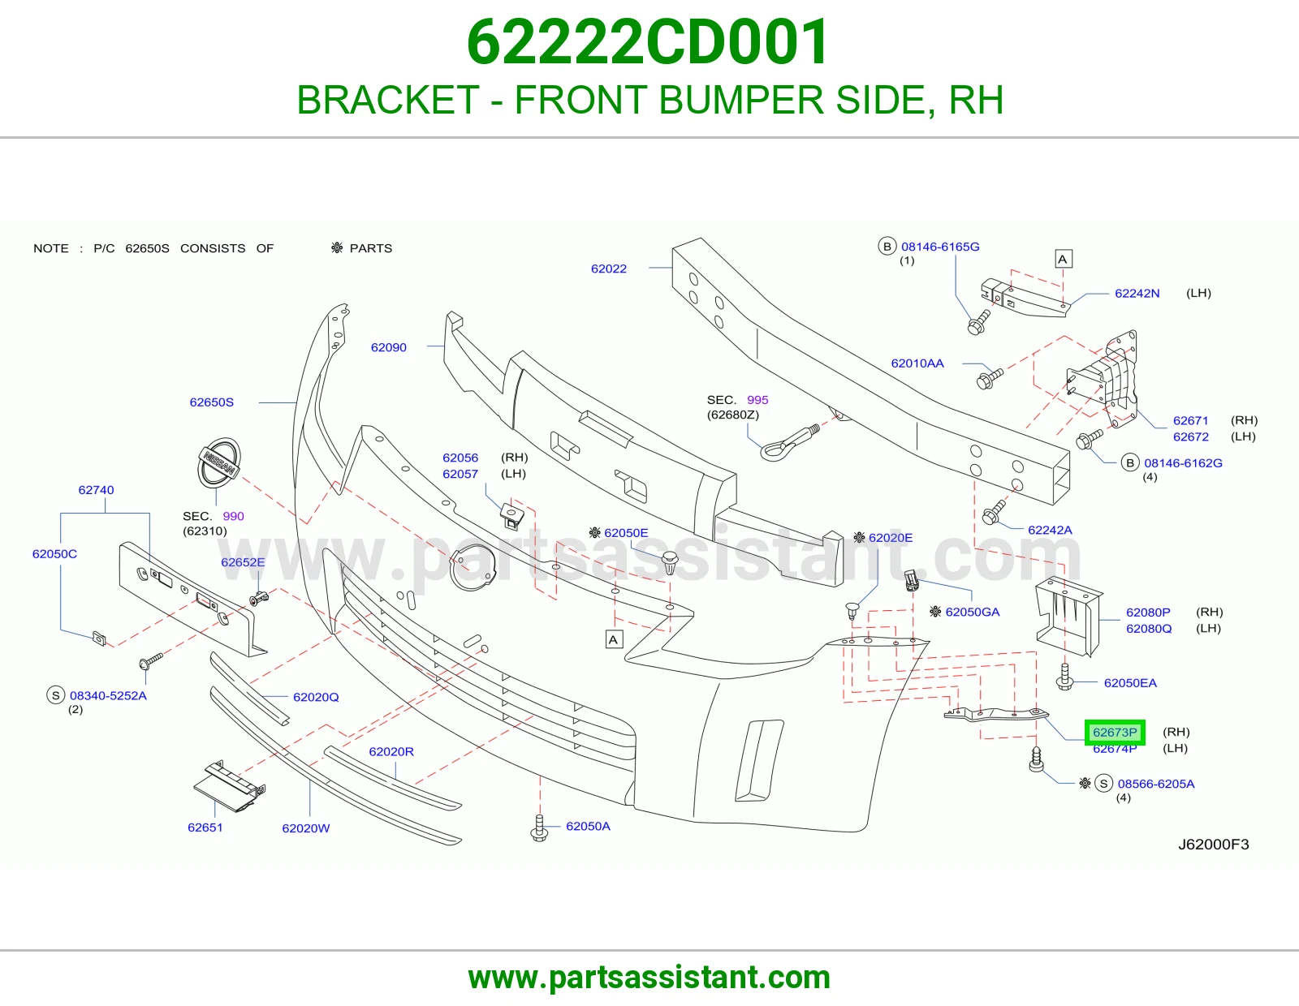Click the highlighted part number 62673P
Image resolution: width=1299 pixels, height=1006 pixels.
click(1114, 733)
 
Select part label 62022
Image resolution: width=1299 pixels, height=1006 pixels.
click(609, 269)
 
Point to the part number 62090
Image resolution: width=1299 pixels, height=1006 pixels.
click(389, 347)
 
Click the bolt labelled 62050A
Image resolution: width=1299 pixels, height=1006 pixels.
click(539, 828)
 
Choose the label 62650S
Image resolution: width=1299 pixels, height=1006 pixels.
click(212, 402)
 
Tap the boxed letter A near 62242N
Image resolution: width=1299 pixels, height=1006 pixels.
click(1062, 260)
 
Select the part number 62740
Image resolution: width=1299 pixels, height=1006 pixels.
click(97, 490)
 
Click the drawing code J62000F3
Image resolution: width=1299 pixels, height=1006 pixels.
click(1214, 844)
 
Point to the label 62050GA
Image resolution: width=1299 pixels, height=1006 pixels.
click(973, 612)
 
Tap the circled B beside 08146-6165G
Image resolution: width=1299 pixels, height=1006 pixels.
click(887, 246)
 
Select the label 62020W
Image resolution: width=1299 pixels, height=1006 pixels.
click(305, 828)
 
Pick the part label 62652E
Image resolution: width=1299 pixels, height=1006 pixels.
click(243, 562)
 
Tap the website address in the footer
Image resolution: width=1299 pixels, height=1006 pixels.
click(649, 978)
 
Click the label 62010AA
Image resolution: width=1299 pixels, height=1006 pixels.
click(917, 363)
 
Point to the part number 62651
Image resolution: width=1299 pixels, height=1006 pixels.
click(205, 828)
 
